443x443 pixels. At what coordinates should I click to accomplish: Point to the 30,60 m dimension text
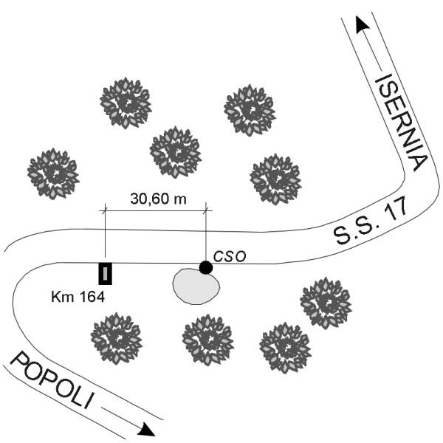point(157,199)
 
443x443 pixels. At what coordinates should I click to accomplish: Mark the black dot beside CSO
point(206,267)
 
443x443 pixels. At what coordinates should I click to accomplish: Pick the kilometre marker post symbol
point(106,273)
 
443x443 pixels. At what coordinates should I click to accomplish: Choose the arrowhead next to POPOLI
point(147,429)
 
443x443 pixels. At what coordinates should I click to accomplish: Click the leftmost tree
point(52,174)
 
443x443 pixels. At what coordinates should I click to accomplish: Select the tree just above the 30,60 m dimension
point(175,151)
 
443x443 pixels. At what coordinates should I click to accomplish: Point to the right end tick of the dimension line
point(206,211)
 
